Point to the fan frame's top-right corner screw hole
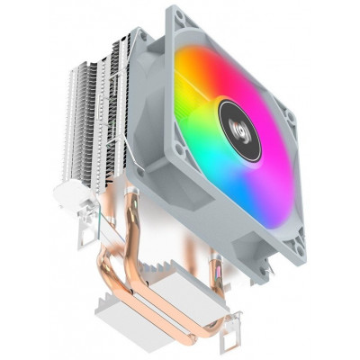291,115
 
